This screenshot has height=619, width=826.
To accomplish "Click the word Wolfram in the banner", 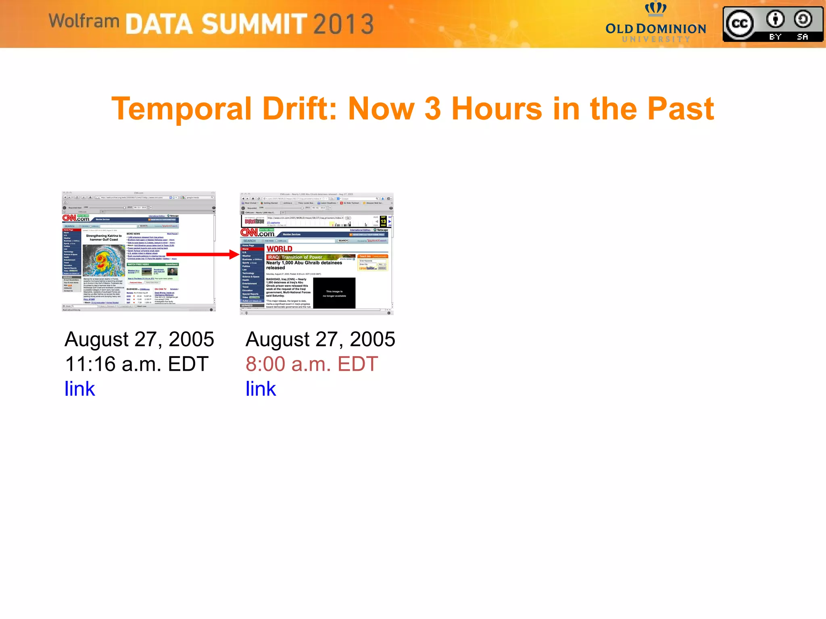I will (x=84, y=21).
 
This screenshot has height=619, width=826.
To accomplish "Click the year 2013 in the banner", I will (x=343, y=24).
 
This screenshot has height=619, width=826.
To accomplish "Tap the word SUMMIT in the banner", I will (x=254, y=24).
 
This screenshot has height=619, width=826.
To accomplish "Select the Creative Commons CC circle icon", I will (x=739, y=24).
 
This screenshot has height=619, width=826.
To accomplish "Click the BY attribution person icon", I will (x=775, y=19).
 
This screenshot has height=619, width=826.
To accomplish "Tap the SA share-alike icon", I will (x=803, y=19).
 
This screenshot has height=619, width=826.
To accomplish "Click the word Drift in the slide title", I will (x=299, y=109).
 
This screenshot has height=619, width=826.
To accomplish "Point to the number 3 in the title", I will (x=432, y=109).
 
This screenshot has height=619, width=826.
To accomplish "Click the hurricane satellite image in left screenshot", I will (x=104, y=260).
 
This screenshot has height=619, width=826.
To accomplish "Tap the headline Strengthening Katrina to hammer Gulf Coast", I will (x=104, y=238).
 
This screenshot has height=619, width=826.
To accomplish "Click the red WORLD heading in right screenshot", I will (x=279, y=249).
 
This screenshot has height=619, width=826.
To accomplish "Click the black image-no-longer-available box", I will (x=334, y=293).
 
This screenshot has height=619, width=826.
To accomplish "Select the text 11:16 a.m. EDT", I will (x=137, y=364).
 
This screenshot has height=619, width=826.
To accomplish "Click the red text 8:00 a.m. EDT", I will (x=312, y=364).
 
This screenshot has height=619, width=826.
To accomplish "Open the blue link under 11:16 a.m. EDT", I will (x=79, y=389).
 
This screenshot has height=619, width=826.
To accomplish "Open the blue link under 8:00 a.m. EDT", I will (x=261, y=389).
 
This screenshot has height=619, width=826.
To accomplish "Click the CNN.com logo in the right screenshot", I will (x=258, y=233).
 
